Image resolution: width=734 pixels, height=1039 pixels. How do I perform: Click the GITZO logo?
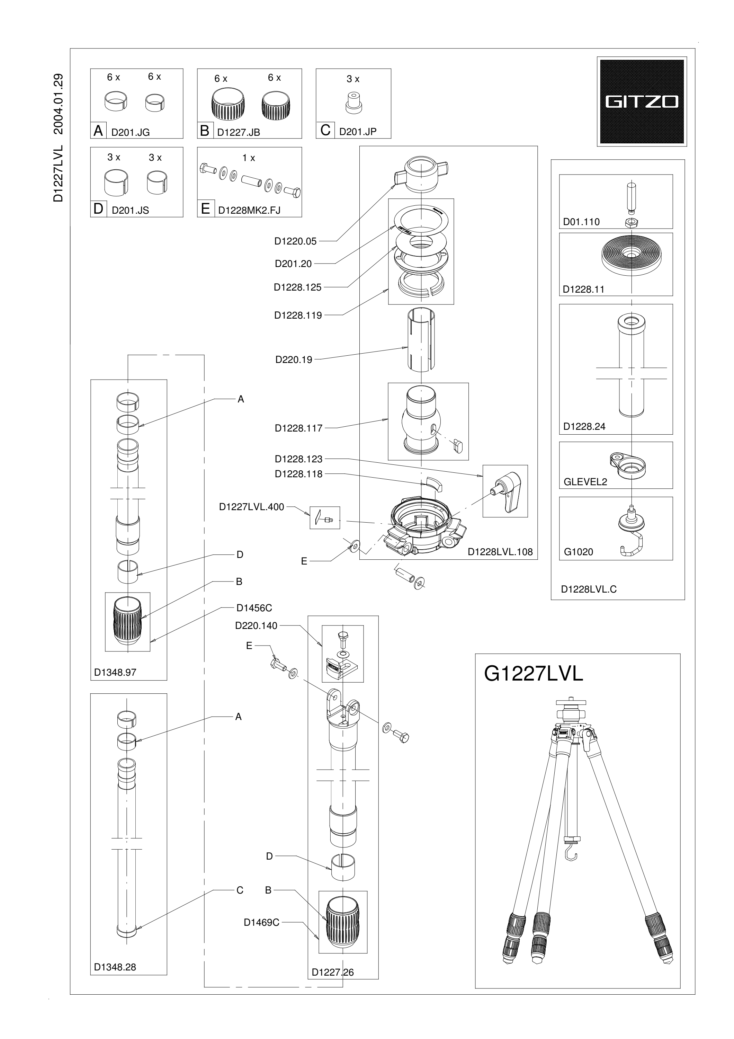click(642, 101)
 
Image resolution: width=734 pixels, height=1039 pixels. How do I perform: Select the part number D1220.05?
click(296, 241)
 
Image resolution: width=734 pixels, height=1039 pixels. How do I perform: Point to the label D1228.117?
click(298, 428)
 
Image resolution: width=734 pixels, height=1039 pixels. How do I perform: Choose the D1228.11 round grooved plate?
click(629, 255)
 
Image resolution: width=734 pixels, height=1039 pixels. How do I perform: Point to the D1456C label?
click(254, 608)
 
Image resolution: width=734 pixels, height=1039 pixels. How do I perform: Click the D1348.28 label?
click(115, 967)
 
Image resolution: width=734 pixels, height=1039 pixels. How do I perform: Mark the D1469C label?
click(261, 922)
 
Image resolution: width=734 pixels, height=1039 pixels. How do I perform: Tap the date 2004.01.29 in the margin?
click(59, 104)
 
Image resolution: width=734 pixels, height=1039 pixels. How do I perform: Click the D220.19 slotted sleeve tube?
click(421, 339)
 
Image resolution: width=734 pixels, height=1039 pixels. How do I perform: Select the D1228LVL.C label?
click(589, 589)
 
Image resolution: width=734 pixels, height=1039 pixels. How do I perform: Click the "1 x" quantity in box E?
click(249, 158)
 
